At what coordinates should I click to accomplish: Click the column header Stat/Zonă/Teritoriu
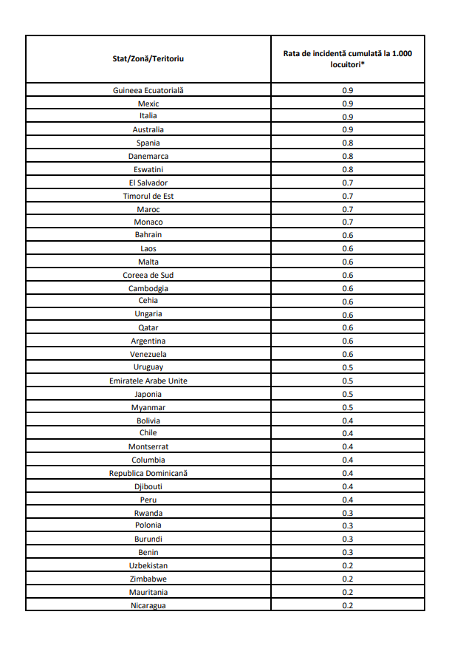[x=148, y=58]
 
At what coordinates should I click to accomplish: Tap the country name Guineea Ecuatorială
[x=148, y=90]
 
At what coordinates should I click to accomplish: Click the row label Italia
[x=148, y=116]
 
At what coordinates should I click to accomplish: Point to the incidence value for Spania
[x=348, y=143]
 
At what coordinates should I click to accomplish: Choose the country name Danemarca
[x=148, y=156]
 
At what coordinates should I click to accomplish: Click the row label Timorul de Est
[x=148, y=196]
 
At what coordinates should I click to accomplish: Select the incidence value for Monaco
[x=348, y=222]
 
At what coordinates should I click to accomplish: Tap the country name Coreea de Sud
[x=148, y=275]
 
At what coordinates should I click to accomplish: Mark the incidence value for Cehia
[x=348, y=302]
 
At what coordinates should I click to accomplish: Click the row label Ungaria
[x=148, y=314]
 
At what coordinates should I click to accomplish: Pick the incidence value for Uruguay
[x=348, y=367]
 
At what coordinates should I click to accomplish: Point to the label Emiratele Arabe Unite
[x=148, y=381]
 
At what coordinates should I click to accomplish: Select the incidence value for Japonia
[x=348, y=394]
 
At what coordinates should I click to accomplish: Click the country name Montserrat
[x=148, y=446]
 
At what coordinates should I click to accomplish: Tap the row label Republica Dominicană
[x=148, y=473]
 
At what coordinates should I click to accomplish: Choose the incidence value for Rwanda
[x=348, y=513]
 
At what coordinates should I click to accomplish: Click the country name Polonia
[x=148, y=525]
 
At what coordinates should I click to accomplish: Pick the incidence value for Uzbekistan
[x=348, y=566]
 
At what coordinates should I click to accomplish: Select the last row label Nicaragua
[x=148, y=606]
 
